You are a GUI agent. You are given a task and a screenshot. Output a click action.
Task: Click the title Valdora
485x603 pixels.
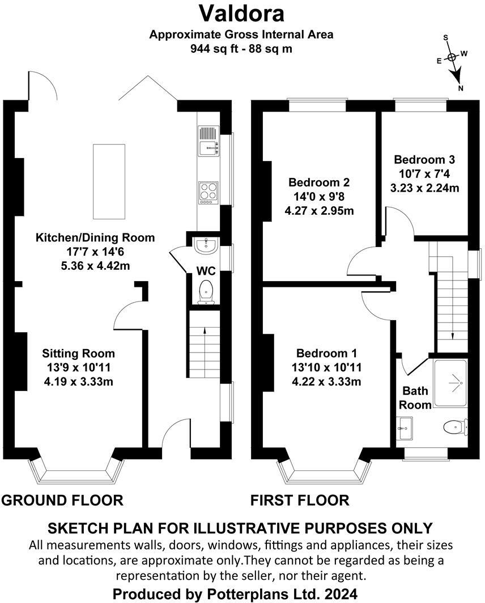coord(241,12)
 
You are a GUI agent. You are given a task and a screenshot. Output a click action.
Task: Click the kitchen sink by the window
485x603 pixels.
coord(208,142)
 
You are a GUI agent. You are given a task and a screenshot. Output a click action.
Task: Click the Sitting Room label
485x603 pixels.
coord(78,354)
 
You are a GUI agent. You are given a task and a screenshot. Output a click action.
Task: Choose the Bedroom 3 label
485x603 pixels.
coord(425,159)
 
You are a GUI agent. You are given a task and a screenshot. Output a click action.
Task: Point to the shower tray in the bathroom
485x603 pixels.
coord(450,383)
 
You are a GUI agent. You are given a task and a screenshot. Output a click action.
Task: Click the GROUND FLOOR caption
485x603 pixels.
coord(62,500)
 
